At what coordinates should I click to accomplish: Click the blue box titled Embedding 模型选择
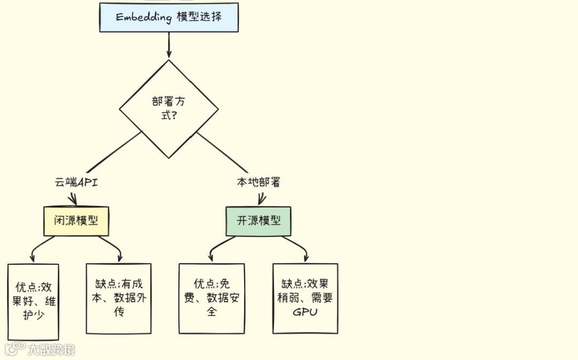pyautogui.click(x=169, y=17)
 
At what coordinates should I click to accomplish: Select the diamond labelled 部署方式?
pyautogui.click(x=169, y=109)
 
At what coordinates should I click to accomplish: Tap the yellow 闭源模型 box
pyautogui.click(x=76, y=221)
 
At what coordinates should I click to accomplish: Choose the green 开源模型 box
pyautogui.click(x=258, y=221)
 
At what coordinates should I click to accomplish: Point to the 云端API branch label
pyautogui.click(x=76, y=182)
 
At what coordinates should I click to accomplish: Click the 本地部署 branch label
pyautogui.click(x=258, y=182)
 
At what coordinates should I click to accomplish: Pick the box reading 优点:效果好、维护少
pyautogui.click(x=33, y=301)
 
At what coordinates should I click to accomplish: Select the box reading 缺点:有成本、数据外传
pyautogui.click(x=119, y=298)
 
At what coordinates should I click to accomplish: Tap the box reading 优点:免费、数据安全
pyautogui.click(x=211, y=298)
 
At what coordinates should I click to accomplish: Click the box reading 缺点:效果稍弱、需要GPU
pyautogui.click(x=305, y=298)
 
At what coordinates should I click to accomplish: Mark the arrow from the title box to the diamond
pyautogui.click(x=169, y=45)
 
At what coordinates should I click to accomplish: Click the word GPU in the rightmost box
pyautogui.click(x=305, y=312)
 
